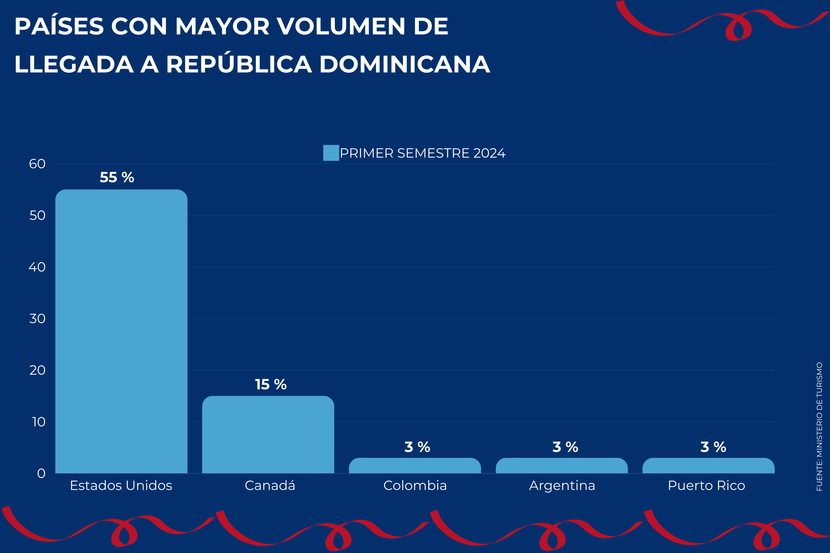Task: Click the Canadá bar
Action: (x=268, y=435)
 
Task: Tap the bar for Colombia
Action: (x=415, y=465)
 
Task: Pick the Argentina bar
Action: (x=561, y=465)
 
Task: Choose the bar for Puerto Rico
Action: (x=708, y=465)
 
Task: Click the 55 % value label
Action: (x=117, y=177)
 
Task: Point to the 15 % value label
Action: (x=271, y=384)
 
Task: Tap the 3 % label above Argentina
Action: (x=565, y=447)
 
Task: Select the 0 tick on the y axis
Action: (x=41, y=473)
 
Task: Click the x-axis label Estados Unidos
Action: (x=121, y=486)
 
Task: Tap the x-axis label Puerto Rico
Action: (x=706, y=486)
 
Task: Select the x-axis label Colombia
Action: (x=415, y=486)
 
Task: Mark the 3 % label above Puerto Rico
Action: (x=713, y=447)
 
